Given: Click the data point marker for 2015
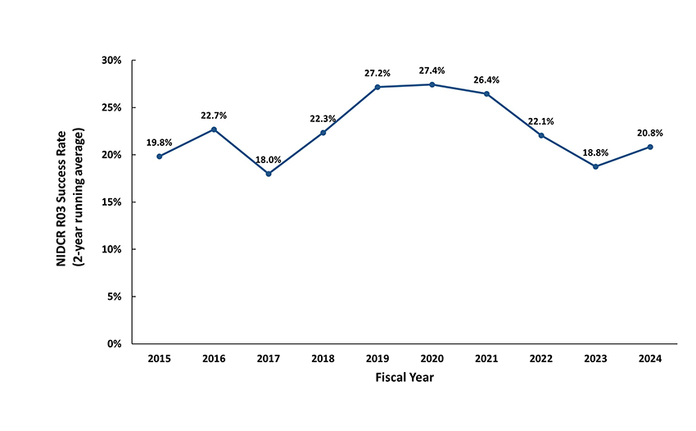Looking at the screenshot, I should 160,156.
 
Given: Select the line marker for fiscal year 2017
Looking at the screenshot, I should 269,174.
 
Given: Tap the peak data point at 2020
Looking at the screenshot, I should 432,84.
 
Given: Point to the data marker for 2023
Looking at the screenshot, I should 595,166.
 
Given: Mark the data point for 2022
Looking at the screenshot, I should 541,135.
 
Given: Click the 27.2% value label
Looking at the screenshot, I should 377,74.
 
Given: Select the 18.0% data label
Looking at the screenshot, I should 269,161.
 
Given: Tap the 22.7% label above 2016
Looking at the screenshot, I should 214,116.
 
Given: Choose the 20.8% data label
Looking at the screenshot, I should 649,133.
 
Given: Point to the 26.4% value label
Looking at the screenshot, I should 486,80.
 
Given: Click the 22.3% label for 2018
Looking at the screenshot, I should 323,119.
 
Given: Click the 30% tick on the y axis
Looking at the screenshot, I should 111,61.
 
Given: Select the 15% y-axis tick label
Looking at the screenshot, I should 111,202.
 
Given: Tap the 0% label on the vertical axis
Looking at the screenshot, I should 114,343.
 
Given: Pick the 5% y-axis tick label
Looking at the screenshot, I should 114,297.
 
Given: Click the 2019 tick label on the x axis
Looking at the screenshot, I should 377,359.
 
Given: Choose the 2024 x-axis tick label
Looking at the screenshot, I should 649,359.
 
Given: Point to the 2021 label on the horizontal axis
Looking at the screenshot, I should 486,359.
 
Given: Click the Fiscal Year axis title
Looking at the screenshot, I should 404,378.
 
